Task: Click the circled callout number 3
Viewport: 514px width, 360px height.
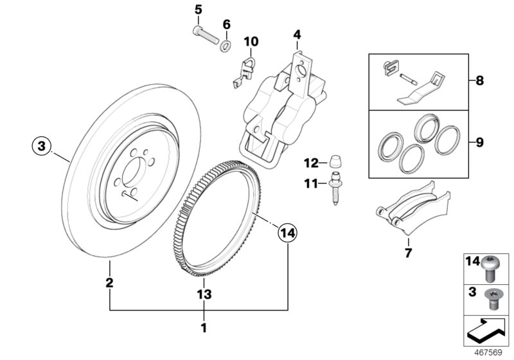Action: click(x=41, y=147)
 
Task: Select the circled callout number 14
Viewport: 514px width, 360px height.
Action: click(x=288, y=233)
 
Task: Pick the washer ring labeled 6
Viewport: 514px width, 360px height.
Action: click(x=226, y=46)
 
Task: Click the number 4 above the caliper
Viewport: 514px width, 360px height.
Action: click(x=297, y=34)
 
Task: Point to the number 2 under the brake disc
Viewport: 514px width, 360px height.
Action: click(x=110, y=282)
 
